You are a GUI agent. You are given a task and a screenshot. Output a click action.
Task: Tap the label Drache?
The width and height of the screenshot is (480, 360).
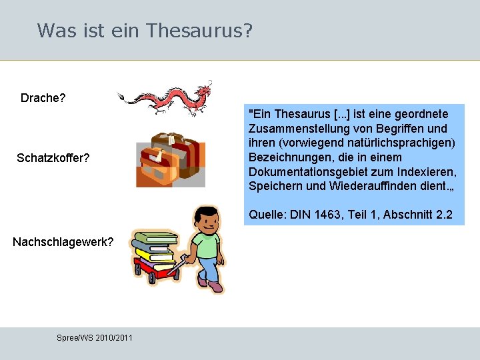click(43, 98)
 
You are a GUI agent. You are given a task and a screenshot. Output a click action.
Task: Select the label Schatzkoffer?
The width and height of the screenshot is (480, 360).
click(53, 158)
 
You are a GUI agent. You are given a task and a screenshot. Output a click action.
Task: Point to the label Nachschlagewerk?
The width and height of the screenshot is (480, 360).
click(63, 241)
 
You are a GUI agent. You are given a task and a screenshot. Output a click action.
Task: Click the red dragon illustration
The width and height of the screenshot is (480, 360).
click(167, 98)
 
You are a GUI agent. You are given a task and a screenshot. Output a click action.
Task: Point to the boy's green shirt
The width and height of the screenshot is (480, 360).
click(207, 244)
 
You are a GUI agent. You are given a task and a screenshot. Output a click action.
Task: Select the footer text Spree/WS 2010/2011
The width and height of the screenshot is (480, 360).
click(95, 338)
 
